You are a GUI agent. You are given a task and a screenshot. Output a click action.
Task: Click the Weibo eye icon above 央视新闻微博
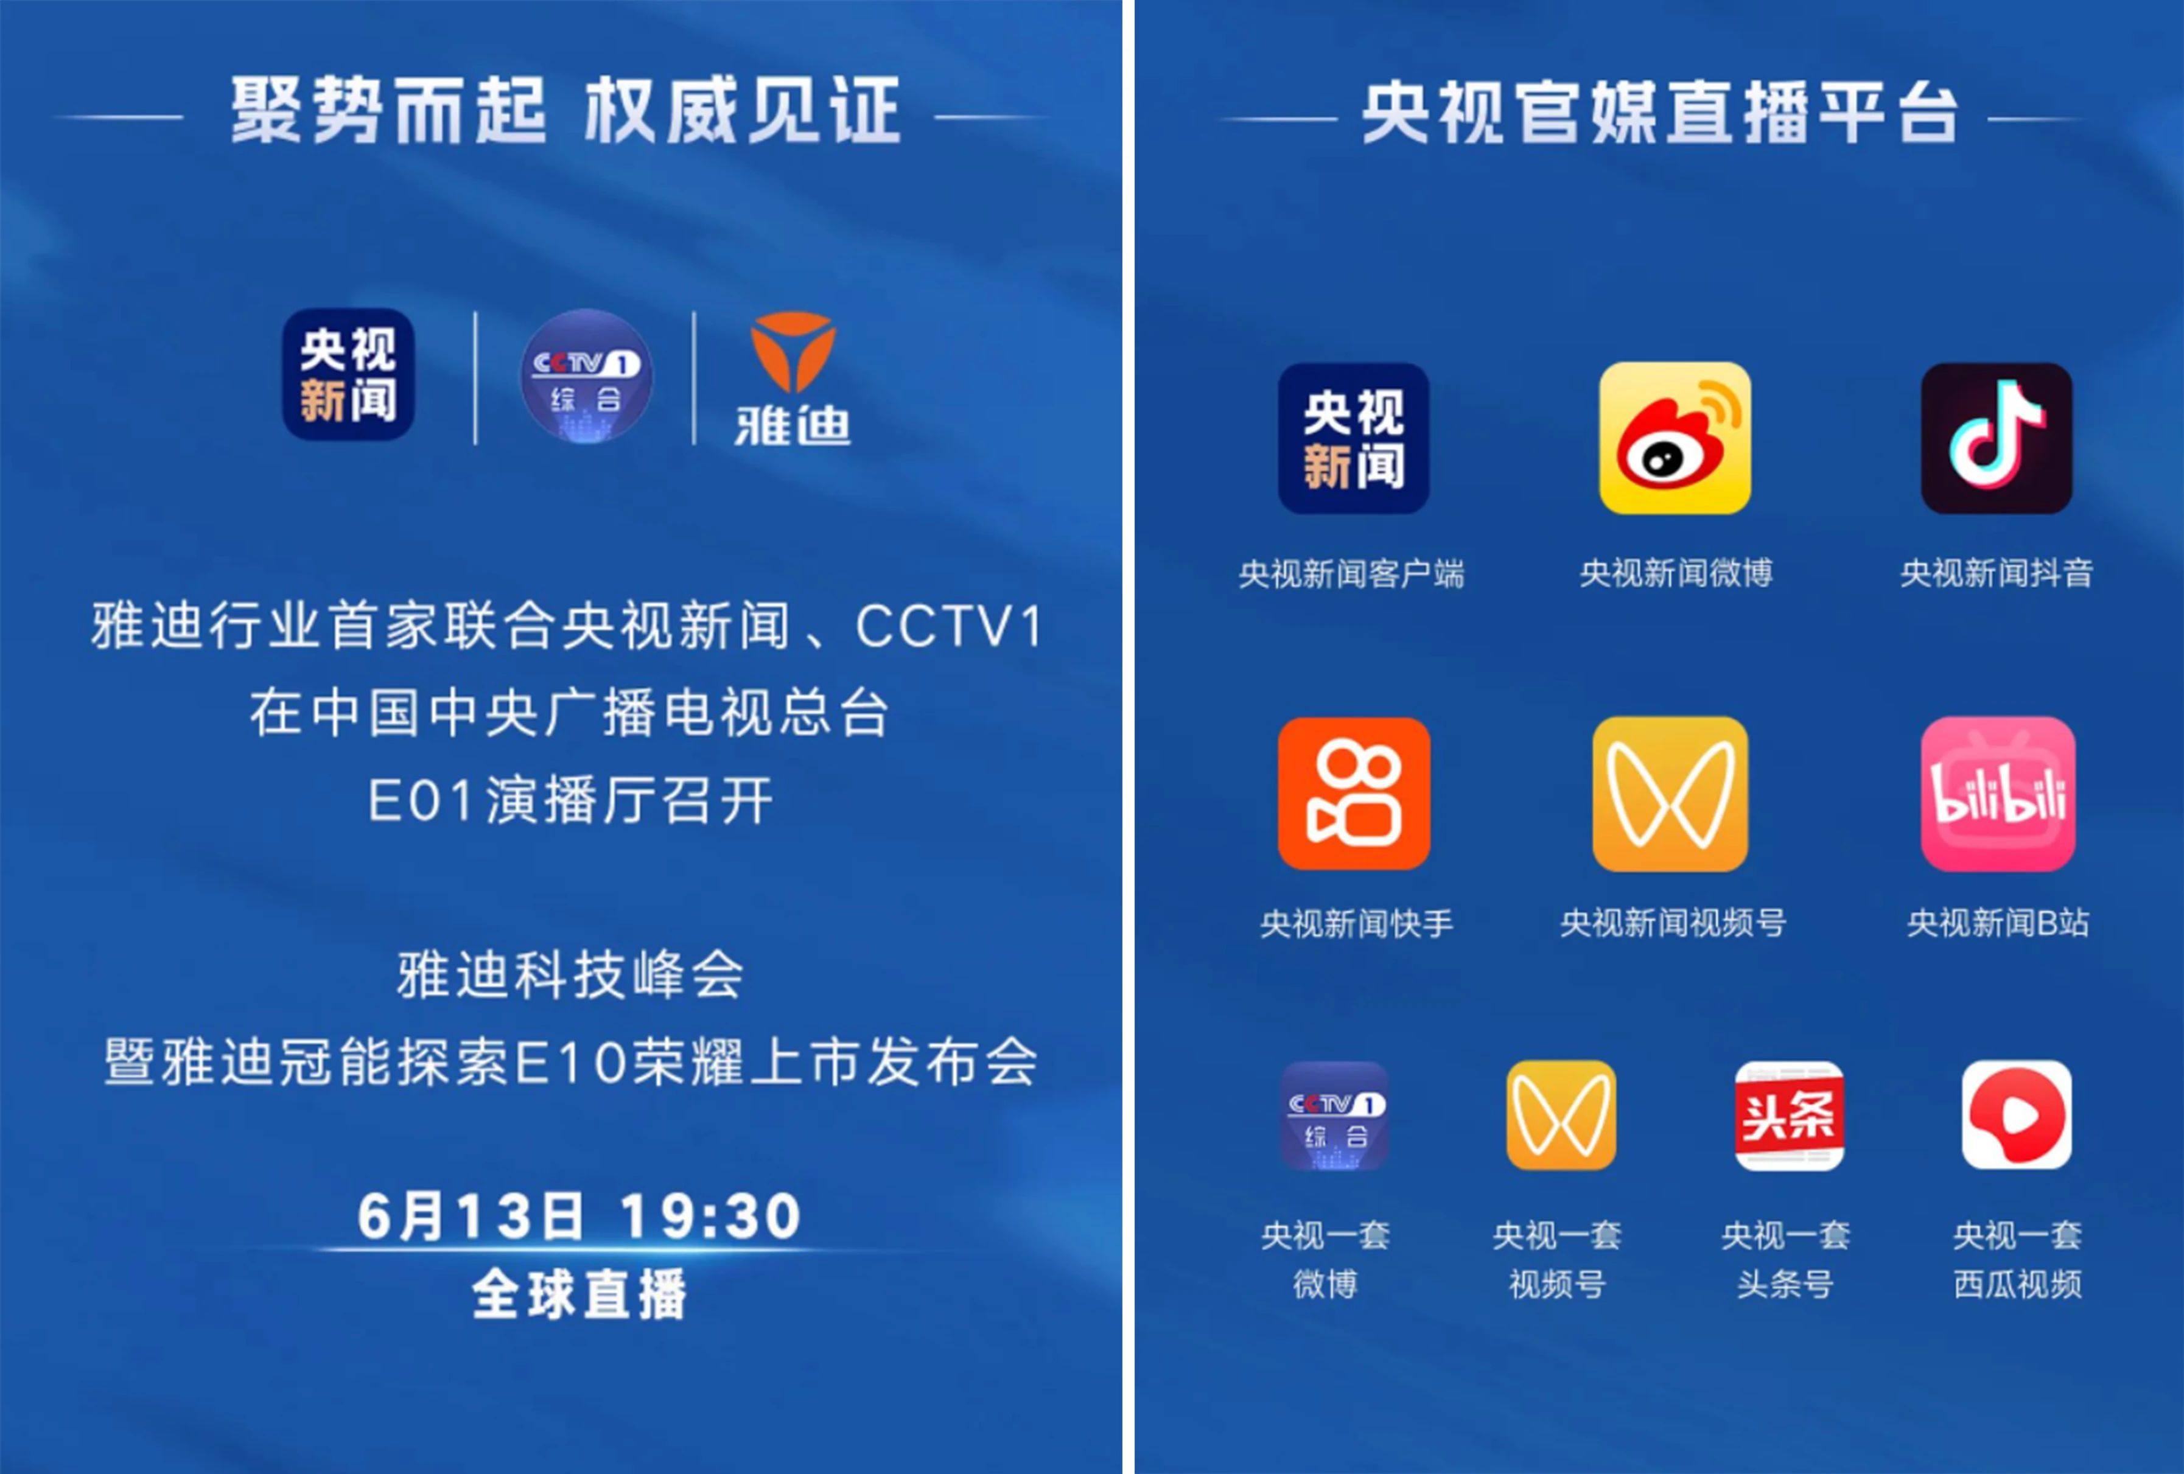[x=1675, y=438]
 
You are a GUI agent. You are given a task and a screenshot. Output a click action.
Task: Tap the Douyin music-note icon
[x=1996, y=438]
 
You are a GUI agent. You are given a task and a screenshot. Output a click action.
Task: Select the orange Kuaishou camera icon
[x=1354, y=793]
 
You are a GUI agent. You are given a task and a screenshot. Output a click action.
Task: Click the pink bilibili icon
[x=1998, y=794]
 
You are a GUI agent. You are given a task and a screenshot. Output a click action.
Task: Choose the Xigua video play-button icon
[x=2017, y=1115]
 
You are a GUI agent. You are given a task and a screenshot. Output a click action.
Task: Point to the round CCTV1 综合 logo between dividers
[x=586, y=375]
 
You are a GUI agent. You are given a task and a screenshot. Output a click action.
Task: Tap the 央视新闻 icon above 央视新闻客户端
[x=1353, y=438]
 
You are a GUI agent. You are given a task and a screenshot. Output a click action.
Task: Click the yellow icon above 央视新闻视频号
[x=1670, y=794]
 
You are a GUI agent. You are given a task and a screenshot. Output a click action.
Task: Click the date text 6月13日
[x=470, y=1215]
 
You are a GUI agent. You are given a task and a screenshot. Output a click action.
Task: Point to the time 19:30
[x=710, y=1215]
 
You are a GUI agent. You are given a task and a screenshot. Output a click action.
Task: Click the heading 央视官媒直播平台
[x=1661, y=113]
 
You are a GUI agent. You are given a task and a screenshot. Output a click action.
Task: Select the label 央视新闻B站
[x=1998, y=923]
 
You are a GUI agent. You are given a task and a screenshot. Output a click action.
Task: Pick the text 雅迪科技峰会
[x=570, y=974]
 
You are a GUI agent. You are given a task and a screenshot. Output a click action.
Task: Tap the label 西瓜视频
[x=2018, y=1284]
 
